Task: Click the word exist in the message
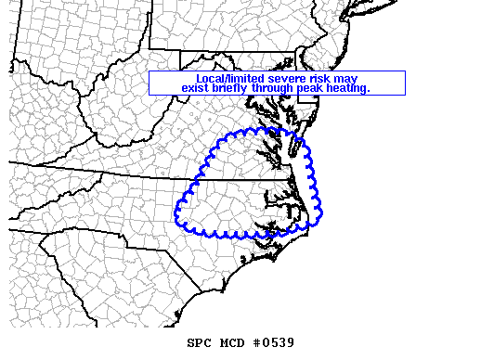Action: click(x=196, y=88)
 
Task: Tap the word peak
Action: click(x=313, y=88)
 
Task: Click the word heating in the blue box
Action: click(x=349, y=88)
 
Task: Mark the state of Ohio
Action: click(x=56, y=37)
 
